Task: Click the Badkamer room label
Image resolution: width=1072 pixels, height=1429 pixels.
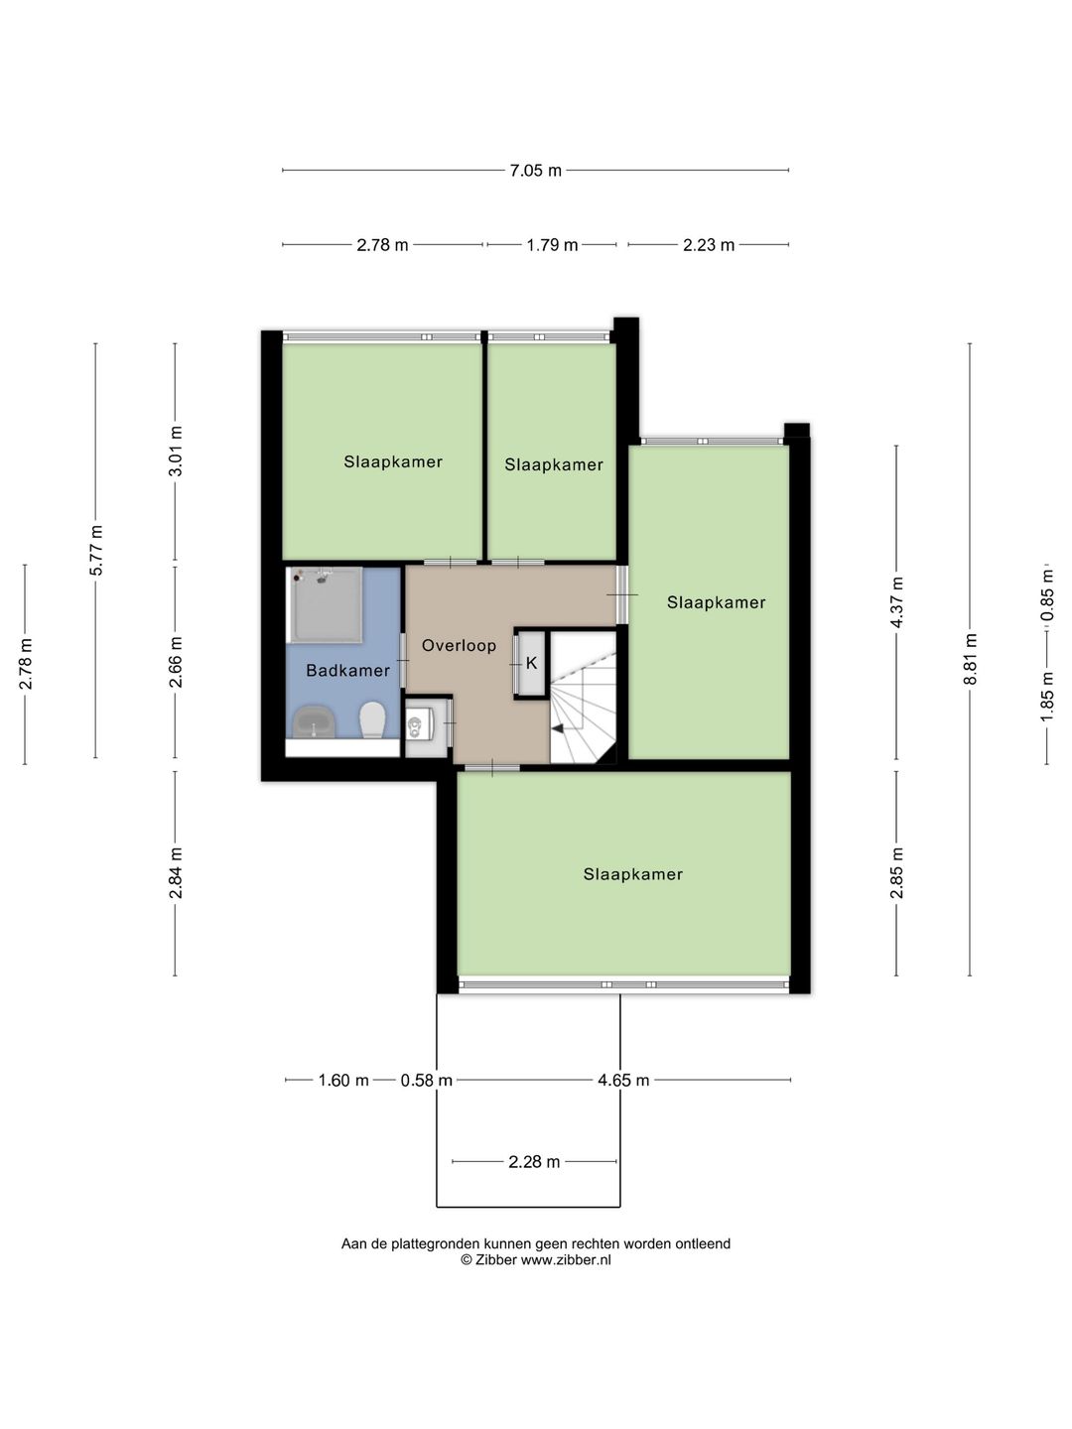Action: (347, 670)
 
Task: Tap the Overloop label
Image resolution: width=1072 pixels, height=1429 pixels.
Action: (459, 645)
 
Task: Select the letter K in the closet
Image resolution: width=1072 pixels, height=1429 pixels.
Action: (531, 663)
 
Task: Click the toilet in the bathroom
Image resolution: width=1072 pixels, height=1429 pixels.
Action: (373, 719)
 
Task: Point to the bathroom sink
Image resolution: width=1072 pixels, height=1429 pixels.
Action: (314, 721)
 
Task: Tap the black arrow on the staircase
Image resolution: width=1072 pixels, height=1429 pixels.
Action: (557, 728)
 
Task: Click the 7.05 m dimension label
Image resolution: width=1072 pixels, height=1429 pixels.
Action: (535, 171)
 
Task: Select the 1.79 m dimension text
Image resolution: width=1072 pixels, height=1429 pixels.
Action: (552, 245)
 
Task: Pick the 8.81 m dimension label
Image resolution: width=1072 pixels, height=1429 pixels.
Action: (970, 659)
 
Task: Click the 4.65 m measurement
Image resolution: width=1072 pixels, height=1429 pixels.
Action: (623, 1080)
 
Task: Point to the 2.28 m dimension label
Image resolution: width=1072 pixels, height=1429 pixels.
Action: (534, 1161)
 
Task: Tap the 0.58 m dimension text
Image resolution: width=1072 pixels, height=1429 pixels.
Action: (427, 1080)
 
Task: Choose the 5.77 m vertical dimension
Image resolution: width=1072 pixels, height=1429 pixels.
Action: (95, 550)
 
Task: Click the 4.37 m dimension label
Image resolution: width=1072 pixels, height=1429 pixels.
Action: (897, 602)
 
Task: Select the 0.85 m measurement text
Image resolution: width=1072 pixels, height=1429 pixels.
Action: (1046, 595)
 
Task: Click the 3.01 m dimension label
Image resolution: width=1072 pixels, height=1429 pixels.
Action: (175, 451)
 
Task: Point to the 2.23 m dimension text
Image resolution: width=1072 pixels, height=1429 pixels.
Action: (708, 245)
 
